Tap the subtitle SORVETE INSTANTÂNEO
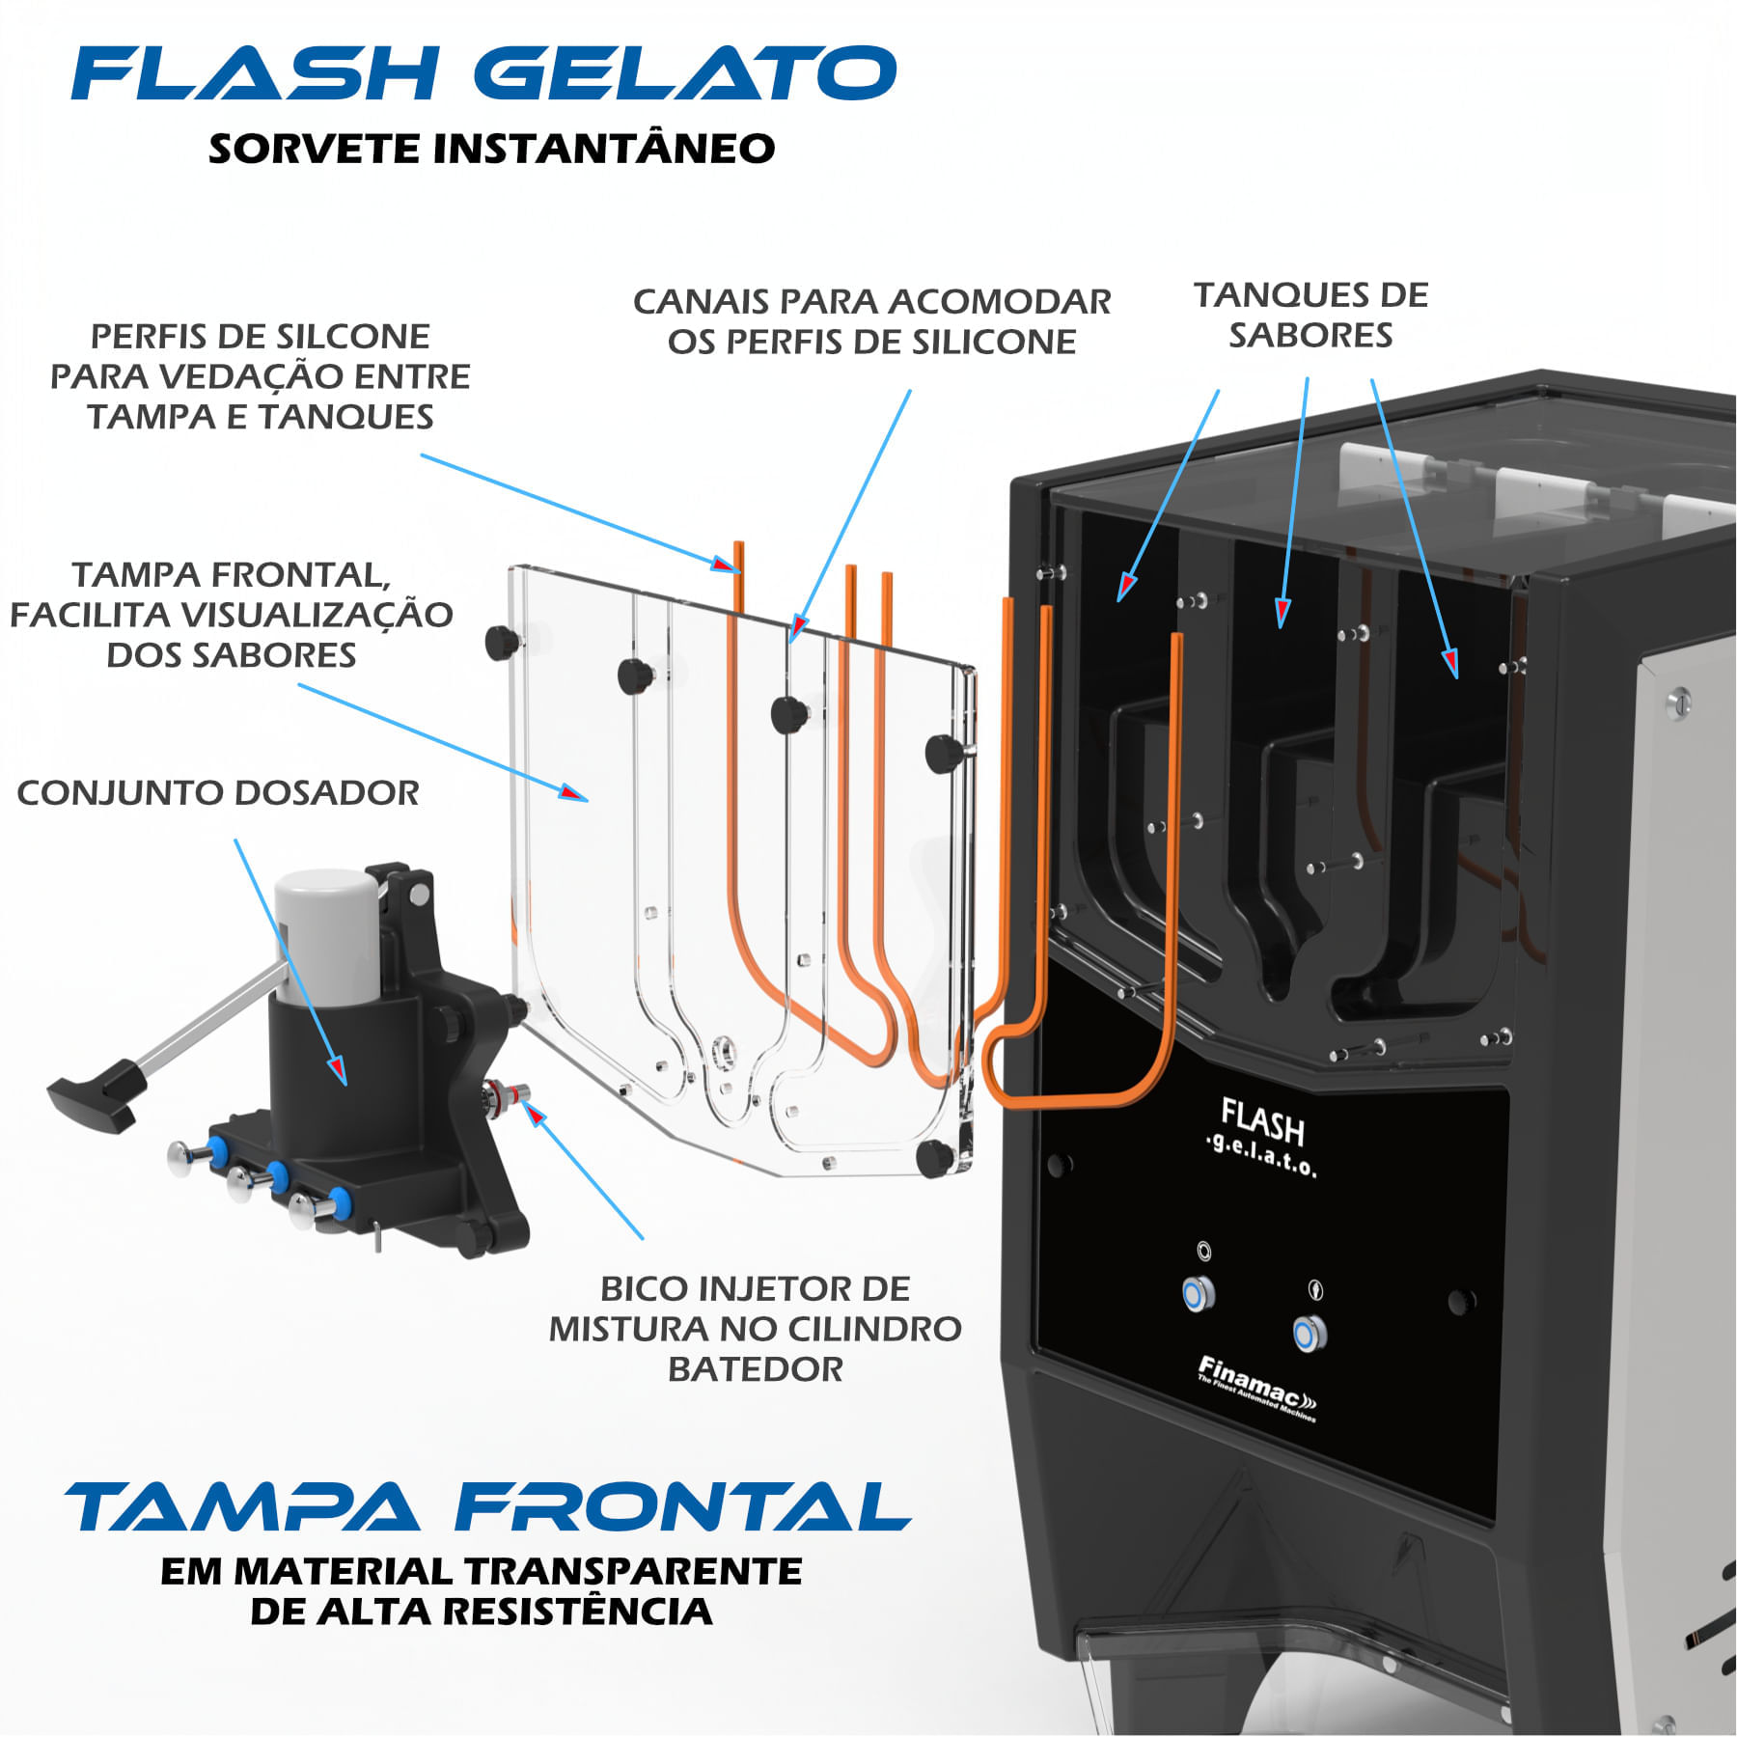click(491, 149)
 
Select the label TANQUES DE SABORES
click(1310, 315)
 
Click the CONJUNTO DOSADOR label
click(218, 793)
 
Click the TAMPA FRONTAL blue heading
click(487, 1507)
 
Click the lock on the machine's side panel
click(1678, 702)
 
